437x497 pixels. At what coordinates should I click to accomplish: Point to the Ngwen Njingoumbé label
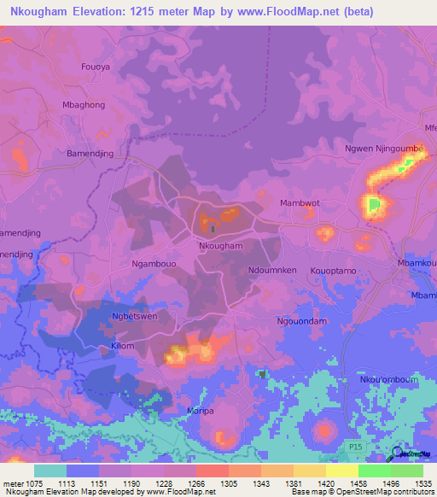[383, 148]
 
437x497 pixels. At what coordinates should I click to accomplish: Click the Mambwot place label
[300, 203]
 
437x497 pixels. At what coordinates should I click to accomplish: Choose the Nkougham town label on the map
[221, 246]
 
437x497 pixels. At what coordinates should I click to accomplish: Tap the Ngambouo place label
[154, 264]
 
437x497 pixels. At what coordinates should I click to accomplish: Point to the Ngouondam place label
[302, 320]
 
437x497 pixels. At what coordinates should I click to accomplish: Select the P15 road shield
[356, 447]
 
